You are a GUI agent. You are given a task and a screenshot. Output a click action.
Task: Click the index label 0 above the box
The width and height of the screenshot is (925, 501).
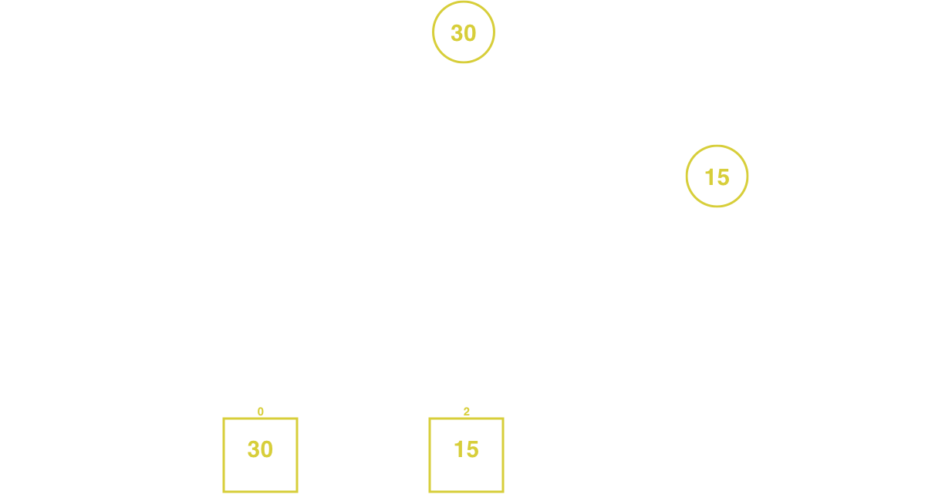point(260,412)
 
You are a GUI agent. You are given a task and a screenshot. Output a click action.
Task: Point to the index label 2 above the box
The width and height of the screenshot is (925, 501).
point(466,412)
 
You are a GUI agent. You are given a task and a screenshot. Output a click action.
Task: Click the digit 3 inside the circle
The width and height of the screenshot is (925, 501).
point(457,33)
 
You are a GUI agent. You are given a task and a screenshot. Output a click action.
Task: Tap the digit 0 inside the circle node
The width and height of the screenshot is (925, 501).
point(470,33)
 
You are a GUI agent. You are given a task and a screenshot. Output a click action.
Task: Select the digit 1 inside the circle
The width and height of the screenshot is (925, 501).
point(710,177)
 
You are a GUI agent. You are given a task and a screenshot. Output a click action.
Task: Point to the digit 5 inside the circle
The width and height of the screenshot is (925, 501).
point(724,177)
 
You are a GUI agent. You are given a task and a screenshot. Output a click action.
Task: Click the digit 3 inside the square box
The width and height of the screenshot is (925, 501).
point(253,449)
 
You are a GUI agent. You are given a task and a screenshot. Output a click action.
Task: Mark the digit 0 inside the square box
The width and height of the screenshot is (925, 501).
point(267,449)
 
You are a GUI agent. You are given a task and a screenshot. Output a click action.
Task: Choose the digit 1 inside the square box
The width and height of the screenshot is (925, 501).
point(458,449)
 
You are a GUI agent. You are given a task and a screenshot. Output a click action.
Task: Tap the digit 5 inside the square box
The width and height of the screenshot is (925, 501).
point(472,449)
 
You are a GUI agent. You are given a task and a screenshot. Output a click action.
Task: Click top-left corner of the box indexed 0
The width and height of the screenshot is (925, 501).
point(224,419)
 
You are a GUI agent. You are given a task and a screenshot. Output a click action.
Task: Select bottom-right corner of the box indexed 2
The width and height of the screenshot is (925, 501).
point(503,492)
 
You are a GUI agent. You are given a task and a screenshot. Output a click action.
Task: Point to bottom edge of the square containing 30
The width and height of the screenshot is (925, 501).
point(260,492)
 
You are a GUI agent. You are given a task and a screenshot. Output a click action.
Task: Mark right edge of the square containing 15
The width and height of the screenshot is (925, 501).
point(503,455)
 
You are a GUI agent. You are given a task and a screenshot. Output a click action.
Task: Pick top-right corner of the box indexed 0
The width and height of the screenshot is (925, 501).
point(297,419)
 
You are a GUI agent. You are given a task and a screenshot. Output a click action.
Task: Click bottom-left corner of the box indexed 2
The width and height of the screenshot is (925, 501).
point(430,492)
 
